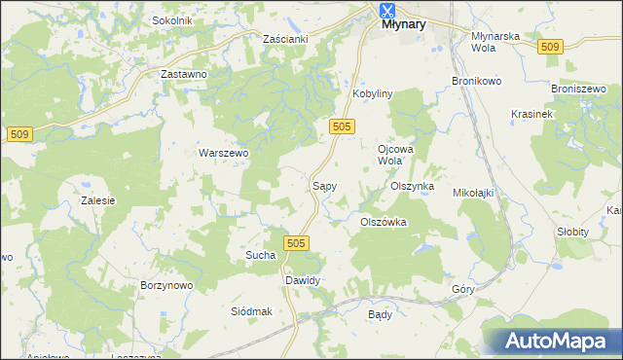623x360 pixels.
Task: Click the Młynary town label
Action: (403, 26)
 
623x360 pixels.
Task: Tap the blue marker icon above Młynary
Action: (387, 11)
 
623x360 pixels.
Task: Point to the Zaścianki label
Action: (285, 39)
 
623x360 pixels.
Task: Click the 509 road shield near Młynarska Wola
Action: (551, 47)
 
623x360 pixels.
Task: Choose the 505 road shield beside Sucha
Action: (298, 243)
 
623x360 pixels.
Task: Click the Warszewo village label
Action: (225, 153)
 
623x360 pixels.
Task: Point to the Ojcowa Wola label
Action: (390, 155)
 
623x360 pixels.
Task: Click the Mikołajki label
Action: (474, 193)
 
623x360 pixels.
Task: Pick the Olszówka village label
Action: (383, 222)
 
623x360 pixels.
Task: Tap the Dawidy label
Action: (302, 280)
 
